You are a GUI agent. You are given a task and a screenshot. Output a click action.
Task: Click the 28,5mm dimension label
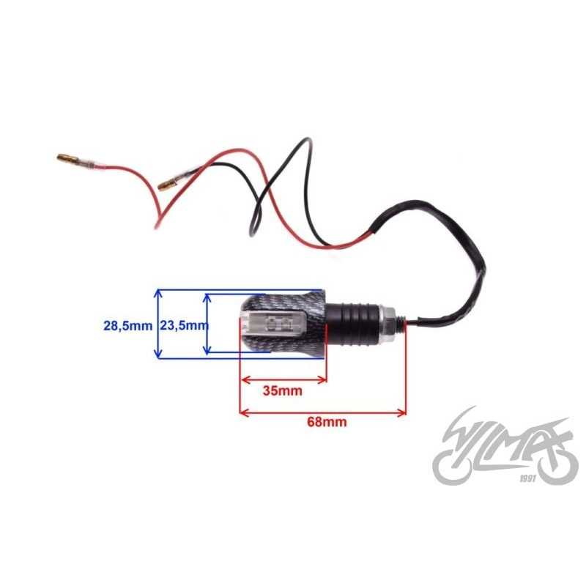tap(127, 325)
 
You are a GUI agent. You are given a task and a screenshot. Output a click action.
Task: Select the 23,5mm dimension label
tap(185, 325)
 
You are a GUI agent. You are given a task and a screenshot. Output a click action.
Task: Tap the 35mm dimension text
tap(283, 391)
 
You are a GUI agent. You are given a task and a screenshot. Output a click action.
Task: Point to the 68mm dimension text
tap(327, 422)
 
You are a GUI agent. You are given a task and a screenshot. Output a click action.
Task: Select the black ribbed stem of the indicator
tap(352, 323)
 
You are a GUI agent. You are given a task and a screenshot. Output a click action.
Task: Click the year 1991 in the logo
tap(527, 478)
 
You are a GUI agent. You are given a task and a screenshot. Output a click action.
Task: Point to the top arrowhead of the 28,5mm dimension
tap(158, 294)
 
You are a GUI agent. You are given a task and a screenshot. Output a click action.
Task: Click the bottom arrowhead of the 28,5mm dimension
tap(158, 354)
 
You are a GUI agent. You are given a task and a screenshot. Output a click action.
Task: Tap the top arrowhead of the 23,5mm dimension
tap(207, 298)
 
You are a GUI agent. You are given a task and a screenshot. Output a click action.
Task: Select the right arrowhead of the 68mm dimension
tap(402, 413)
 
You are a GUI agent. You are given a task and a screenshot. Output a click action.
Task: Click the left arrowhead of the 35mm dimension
tap(245, 380)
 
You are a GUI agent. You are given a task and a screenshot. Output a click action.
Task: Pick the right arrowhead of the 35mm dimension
tap(322, 380)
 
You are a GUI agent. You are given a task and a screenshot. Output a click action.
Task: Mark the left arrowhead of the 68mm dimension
tap(245, 413)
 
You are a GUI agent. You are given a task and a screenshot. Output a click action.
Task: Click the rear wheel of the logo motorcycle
tap(451, 467)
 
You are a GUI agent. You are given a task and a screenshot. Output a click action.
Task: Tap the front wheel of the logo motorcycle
tap(557, 465)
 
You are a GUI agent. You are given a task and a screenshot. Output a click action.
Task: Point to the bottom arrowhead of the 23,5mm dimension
tap(207, 349)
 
